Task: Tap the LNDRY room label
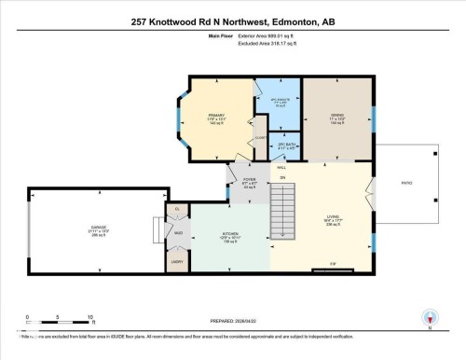pyautogui.click(x=175, y=262)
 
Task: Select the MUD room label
pyautogui.click(x=177, y=234)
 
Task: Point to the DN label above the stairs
pyautogui.click(x=282, y=176)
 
